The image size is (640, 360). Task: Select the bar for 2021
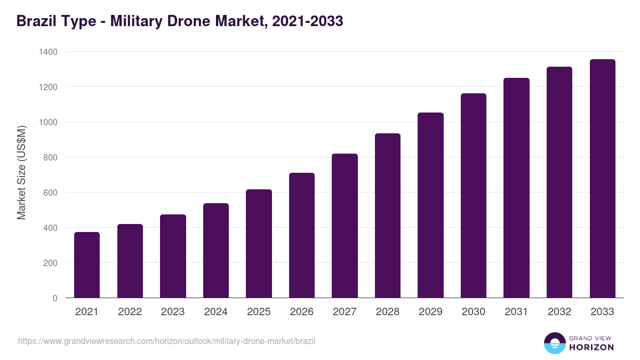click(x=87, y=265)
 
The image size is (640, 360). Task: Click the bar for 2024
click(x=216, y=251)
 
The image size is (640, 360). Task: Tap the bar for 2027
click(x=345, y=226)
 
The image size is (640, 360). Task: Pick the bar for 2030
click(x=474, y=196)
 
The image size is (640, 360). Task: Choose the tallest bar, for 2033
click(x=602, y=179)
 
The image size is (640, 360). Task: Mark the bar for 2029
click(x=430, y=205)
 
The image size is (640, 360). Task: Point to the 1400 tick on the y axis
click(x=47, y=52)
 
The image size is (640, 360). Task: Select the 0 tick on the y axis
click(x=55, y=298)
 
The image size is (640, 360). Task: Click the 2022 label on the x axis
click(x=130, y=312)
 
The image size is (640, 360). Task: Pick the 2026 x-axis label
click(x=302, y=312)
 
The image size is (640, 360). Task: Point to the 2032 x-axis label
click(x=559, y=312)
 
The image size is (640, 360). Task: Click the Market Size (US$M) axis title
click(x=21, y=172)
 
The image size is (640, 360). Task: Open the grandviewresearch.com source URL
click(x=166, y=341)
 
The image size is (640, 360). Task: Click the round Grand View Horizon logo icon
click(x=554, y=343)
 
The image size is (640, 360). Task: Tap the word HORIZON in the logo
click(x=591, y=347)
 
